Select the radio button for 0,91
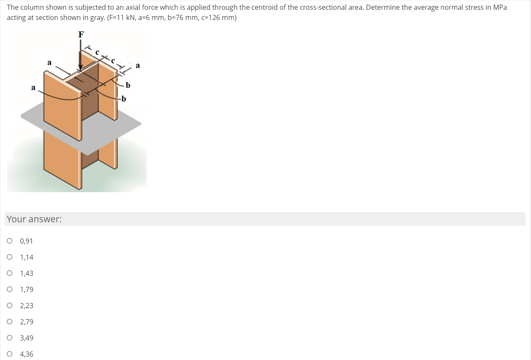(10, 241)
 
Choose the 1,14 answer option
(10, 257)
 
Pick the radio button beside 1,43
(10, 273)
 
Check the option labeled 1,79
(10, 289)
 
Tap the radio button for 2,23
(10, 306)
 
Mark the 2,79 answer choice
(10, 322)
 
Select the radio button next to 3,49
(10, 338)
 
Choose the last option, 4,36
(10, 354)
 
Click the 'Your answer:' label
(34, 219)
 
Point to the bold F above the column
(81, 34)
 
